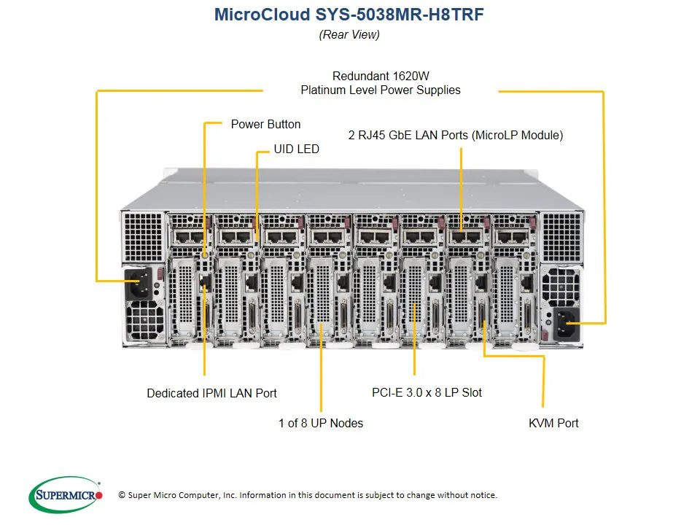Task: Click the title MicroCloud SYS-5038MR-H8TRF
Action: coord(349,15)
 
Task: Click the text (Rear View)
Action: coord(349,34)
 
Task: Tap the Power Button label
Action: coord(265,124)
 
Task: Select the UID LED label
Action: coord(296,149)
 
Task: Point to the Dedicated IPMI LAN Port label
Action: coord(211,393)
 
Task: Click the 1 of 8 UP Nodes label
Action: coord(320,423)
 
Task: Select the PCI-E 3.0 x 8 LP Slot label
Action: coord(427,392)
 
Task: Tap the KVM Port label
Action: coord(553,423)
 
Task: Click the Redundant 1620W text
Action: coord(380,76)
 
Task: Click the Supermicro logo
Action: coord(66,496)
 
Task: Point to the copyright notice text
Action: coord(307,495)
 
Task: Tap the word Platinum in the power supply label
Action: coord(325,90)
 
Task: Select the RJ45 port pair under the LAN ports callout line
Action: coord(461,236)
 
